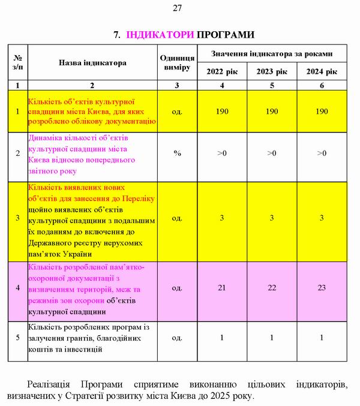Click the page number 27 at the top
177,8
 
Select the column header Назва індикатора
92,62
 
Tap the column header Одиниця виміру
177,62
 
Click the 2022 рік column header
222,72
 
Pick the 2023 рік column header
272,72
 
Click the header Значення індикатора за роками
272,53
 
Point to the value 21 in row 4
222,288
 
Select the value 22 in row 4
272,288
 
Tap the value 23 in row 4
322,288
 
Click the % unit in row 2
177,154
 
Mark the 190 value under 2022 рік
222,112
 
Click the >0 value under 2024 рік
322,154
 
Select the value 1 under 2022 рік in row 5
222,338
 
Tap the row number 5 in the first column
17,338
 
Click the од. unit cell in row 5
177,338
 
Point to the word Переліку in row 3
140,198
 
